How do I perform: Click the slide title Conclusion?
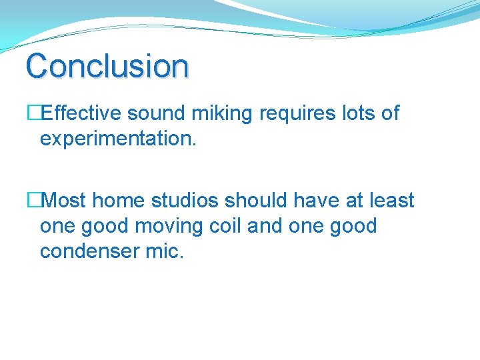click(x=107, y=66)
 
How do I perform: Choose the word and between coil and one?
click(x=265, y=226)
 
